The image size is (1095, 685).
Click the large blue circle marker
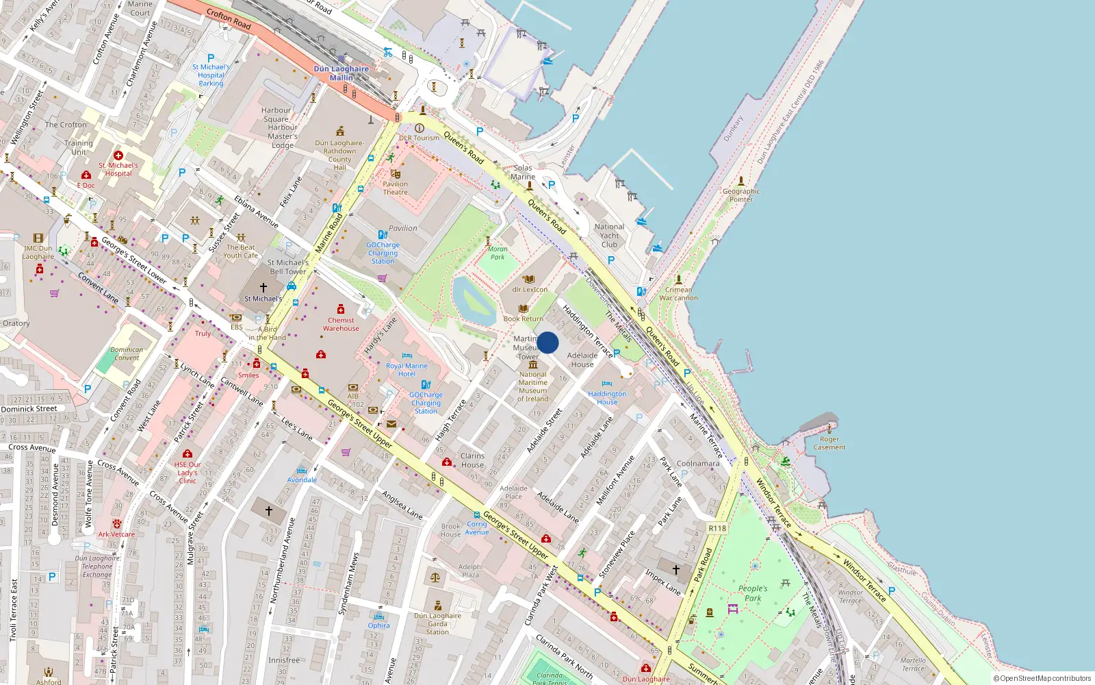click(547, 342)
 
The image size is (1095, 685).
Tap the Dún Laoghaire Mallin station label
click(341, 73)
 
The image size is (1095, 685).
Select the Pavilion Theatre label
click(395, 188)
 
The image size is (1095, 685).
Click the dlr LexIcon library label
click(530, 289)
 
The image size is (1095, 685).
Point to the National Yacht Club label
click(609, 236)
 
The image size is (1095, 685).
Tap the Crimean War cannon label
click(678, 294)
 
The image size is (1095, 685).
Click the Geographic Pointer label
click(741, 195)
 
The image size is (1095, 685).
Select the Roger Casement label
click(829, 443)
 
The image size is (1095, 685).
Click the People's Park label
click(753, 593)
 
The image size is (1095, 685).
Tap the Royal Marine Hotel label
click(407, 370)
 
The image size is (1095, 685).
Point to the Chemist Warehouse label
click(341, 324)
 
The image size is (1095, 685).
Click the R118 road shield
click(717, 528)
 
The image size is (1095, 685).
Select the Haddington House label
click(607, 397)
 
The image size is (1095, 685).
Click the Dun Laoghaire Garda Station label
click(437, 623)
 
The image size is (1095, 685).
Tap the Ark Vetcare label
click(116, 534)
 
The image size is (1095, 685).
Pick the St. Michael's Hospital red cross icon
click(118, 155)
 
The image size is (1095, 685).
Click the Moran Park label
click(498, 253)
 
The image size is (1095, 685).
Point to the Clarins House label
click(472, 460)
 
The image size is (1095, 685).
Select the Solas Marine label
click(523, 172)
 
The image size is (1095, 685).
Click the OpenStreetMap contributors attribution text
click(1042, 678)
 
